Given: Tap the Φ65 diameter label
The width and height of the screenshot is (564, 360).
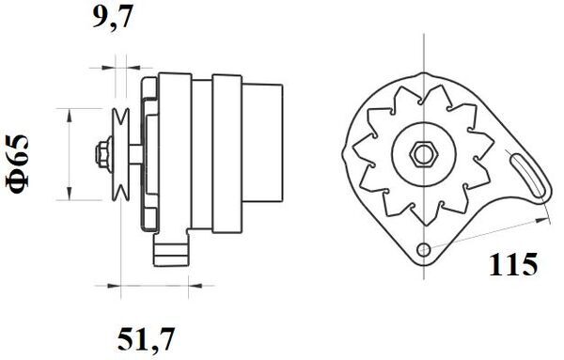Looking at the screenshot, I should coord(21,165).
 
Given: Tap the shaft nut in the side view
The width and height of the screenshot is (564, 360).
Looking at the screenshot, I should coord(101,152).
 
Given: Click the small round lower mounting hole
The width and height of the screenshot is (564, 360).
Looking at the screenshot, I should coord(426,249).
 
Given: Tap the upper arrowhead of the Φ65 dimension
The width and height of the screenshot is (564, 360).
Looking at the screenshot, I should coord(69,111).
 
